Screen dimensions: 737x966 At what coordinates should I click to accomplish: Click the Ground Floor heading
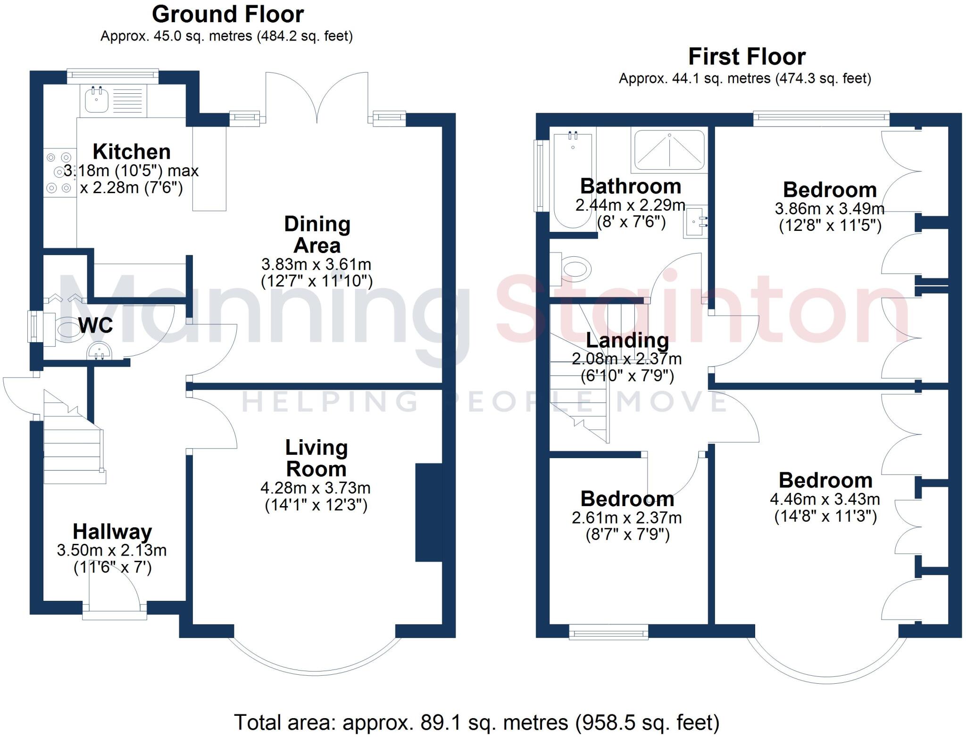(x=227, y=15)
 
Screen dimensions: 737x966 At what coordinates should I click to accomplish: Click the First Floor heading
(x=746, y=57)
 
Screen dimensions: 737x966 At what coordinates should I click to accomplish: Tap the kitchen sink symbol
(x=97, y=100)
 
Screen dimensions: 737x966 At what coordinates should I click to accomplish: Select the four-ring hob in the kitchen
(x=59, y=173)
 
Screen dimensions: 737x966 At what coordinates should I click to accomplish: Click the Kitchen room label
(x=132, y=152)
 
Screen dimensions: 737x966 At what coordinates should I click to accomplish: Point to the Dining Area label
(x=317, y=234)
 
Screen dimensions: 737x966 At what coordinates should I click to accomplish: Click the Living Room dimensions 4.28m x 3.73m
(x=316, y=488)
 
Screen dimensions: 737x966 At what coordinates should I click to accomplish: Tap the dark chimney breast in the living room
(x=428, y=513)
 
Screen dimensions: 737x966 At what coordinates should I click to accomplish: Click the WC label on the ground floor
(x=95, y=325)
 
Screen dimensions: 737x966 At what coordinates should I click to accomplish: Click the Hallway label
(x=112, y=532)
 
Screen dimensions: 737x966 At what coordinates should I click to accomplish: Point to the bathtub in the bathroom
(x=573, y=179)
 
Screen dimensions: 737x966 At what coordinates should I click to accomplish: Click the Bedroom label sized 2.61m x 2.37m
(x=627, y=499)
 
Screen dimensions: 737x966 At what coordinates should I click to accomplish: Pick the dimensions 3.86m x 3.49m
(x=829, y=208)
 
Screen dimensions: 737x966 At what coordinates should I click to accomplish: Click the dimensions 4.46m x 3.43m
(x=824, y=499)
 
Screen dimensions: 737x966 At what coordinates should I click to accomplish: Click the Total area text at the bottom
(x=476, y=722)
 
